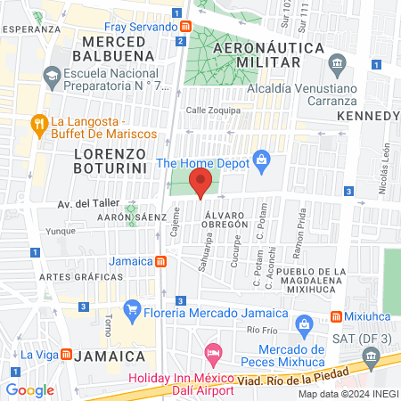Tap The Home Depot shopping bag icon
[x=261, y=160]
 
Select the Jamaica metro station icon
[x=160, y=262]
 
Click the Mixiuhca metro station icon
[x=337, y=316]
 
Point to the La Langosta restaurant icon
[x=38, y=122]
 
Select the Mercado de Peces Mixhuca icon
[x=302, y=323]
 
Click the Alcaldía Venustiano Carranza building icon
[x=337, y=63]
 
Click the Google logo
[x=29, y=390]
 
